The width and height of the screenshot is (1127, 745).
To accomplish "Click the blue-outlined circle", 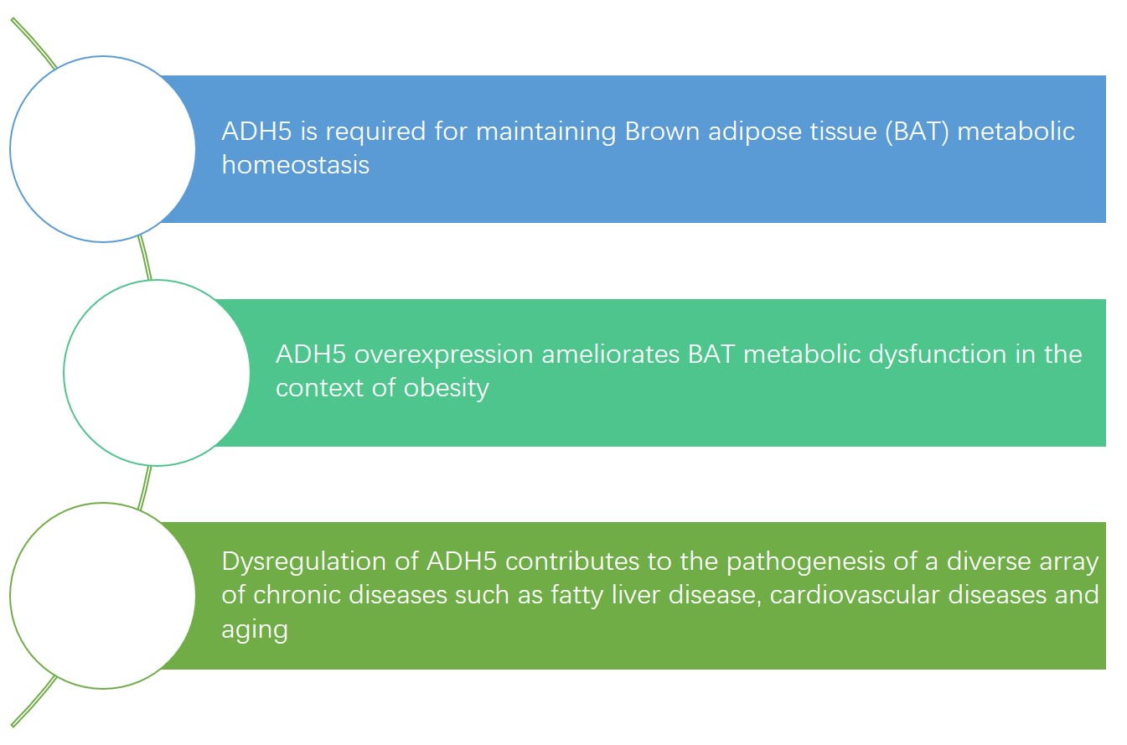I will coord(102,149).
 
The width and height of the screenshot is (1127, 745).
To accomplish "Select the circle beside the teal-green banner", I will coord(157,373).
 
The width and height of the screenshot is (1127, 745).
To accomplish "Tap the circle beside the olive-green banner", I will coord(102,596).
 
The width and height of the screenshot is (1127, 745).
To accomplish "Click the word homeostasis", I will coord(295,164).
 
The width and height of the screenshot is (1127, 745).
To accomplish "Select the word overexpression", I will coord(444,354).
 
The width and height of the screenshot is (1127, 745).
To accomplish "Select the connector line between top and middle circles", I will coord(146,258).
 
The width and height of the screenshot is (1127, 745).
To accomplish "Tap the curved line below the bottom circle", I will coord(34,702).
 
